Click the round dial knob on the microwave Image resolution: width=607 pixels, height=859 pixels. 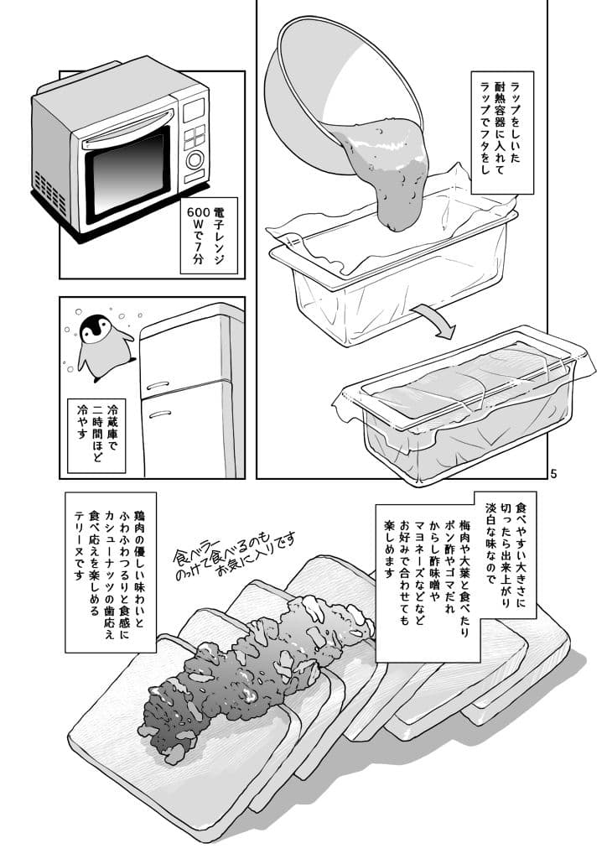(x=196, y=159)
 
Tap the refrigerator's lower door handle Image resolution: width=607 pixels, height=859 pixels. (x=159, y=414)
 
